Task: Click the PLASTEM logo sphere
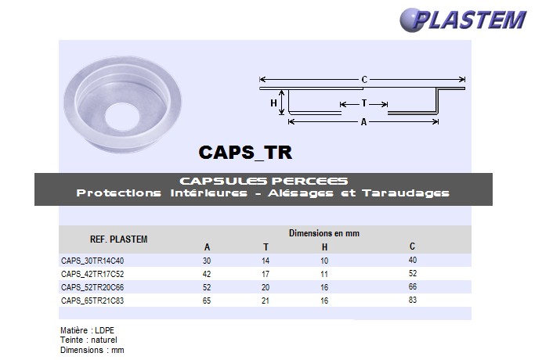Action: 414,19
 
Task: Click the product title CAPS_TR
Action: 245,151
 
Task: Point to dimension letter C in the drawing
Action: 364,79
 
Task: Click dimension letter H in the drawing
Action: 274,103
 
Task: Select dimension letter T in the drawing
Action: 364,103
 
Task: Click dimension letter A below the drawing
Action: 364,123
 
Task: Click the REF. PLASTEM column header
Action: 119,239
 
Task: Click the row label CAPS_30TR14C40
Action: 92,261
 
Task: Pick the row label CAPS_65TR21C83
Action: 92,300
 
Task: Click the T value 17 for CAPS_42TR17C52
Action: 266,274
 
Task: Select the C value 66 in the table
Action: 413,287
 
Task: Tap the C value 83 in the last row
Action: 413,300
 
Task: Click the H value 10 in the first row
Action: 324,261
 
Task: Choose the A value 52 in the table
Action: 207,287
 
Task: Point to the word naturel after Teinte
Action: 103,340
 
